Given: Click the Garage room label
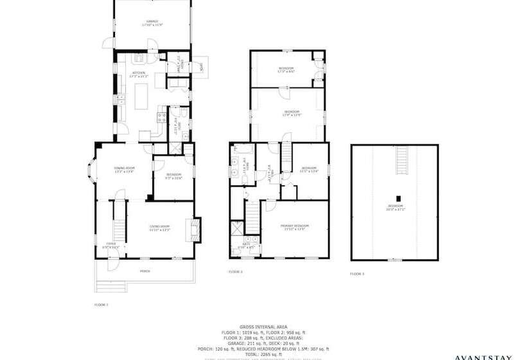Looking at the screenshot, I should [x=152, y=23].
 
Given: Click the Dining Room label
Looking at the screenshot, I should [x=123, y=170].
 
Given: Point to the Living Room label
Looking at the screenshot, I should [x=159, y=227].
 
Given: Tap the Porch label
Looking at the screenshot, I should [x=145, y=271].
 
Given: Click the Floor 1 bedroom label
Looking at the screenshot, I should [x=174, y=176].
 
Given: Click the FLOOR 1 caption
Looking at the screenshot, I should [x=102, y=304].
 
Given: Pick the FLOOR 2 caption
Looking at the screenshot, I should [x=235, y=272].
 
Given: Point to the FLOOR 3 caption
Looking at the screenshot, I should [x=357, y=274].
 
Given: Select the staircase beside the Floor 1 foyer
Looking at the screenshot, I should [x=118, y=221].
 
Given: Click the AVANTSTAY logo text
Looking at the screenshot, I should [x=489, y=356].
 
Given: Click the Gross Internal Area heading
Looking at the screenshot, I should [x=263, y=327].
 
